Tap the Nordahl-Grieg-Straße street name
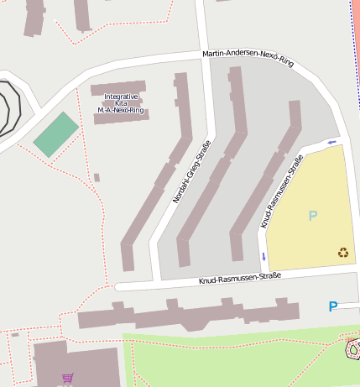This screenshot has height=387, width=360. point(191,171)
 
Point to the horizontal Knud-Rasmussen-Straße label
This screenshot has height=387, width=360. point(239,277)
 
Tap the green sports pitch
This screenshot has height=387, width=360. point(56,134)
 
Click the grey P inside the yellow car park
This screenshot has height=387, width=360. point(313,216)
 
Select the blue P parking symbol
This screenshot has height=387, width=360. point(333,307)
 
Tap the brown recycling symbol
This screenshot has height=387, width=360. point(343,252)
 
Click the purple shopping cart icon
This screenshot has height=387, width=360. point(67,379)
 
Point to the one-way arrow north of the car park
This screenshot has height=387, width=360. point(332,142)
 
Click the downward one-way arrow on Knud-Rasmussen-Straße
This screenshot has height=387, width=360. point(263,256)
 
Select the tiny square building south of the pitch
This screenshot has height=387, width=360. point(97,177)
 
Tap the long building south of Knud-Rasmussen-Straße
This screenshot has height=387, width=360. point(189,316)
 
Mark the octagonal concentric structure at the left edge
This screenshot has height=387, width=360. point(7,109)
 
